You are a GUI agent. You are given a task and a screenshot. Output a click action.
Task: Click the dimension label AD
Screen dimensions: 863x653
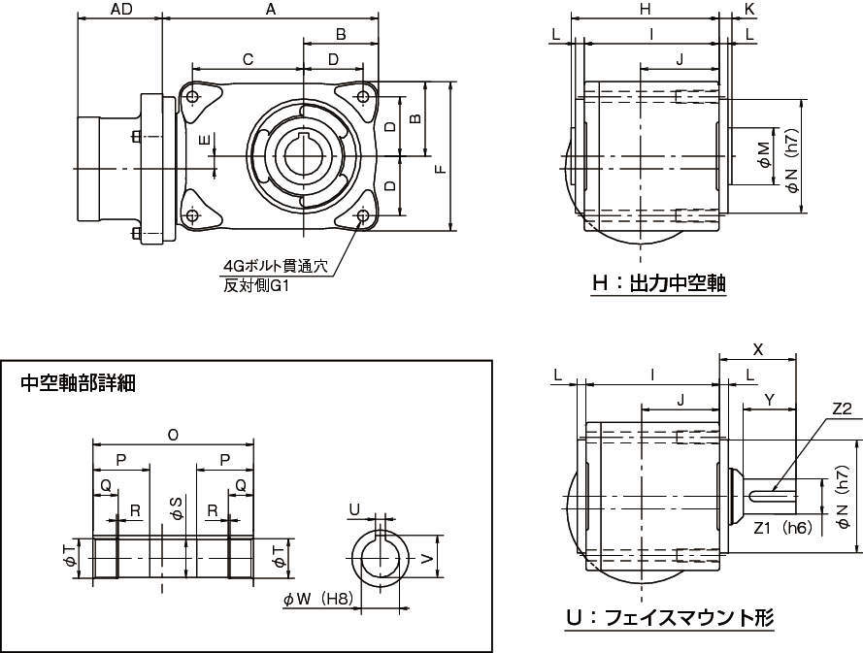pos(121,10)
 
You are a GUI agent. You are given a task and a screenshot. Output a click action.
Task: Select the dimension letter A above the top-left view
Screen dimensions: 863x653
pos(270,10)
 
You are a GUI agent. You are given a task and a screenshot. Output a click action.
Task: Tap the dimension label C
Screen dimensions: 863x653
pos(249,59)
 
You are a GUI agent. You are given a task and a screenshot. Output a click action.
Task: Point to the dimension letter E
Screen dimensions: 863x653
pos(205,141)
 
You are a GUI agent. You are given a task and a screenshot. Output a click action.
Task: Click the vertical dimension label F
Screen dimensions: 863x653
pos(441,170)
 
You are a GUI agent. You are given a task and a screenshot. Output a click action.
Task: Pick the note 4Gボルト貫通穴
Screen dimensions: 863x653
pos(275,267)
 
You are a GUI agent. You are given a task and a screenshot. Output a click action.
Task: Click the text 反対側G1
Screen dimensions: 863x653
pos(256,286)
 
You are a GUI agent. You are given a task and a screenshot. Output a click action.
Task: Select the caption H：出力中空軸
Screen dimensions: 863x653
pos(659,284)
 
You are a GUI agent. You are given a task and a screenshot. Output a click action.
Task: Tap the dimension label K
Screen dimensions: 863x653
pos(748,9)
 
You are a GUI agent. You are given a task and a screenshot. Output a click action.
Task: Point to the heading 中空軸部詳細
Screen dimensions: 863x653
pos(78,383)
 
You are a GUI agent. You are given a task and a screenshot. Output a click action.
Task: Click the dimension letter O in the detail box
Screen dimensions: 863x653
pos(173,435)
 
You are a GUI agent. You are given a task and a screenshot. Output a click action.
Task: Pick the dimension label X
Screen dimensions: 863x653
pos(758,349)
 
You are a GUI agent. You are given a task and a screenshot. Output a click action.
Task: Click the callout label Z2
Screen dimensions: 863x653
pos(842,408)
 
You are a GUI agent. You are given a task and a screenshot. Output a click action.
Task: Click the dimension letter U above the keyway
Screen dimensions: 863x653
pos(354,509)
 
